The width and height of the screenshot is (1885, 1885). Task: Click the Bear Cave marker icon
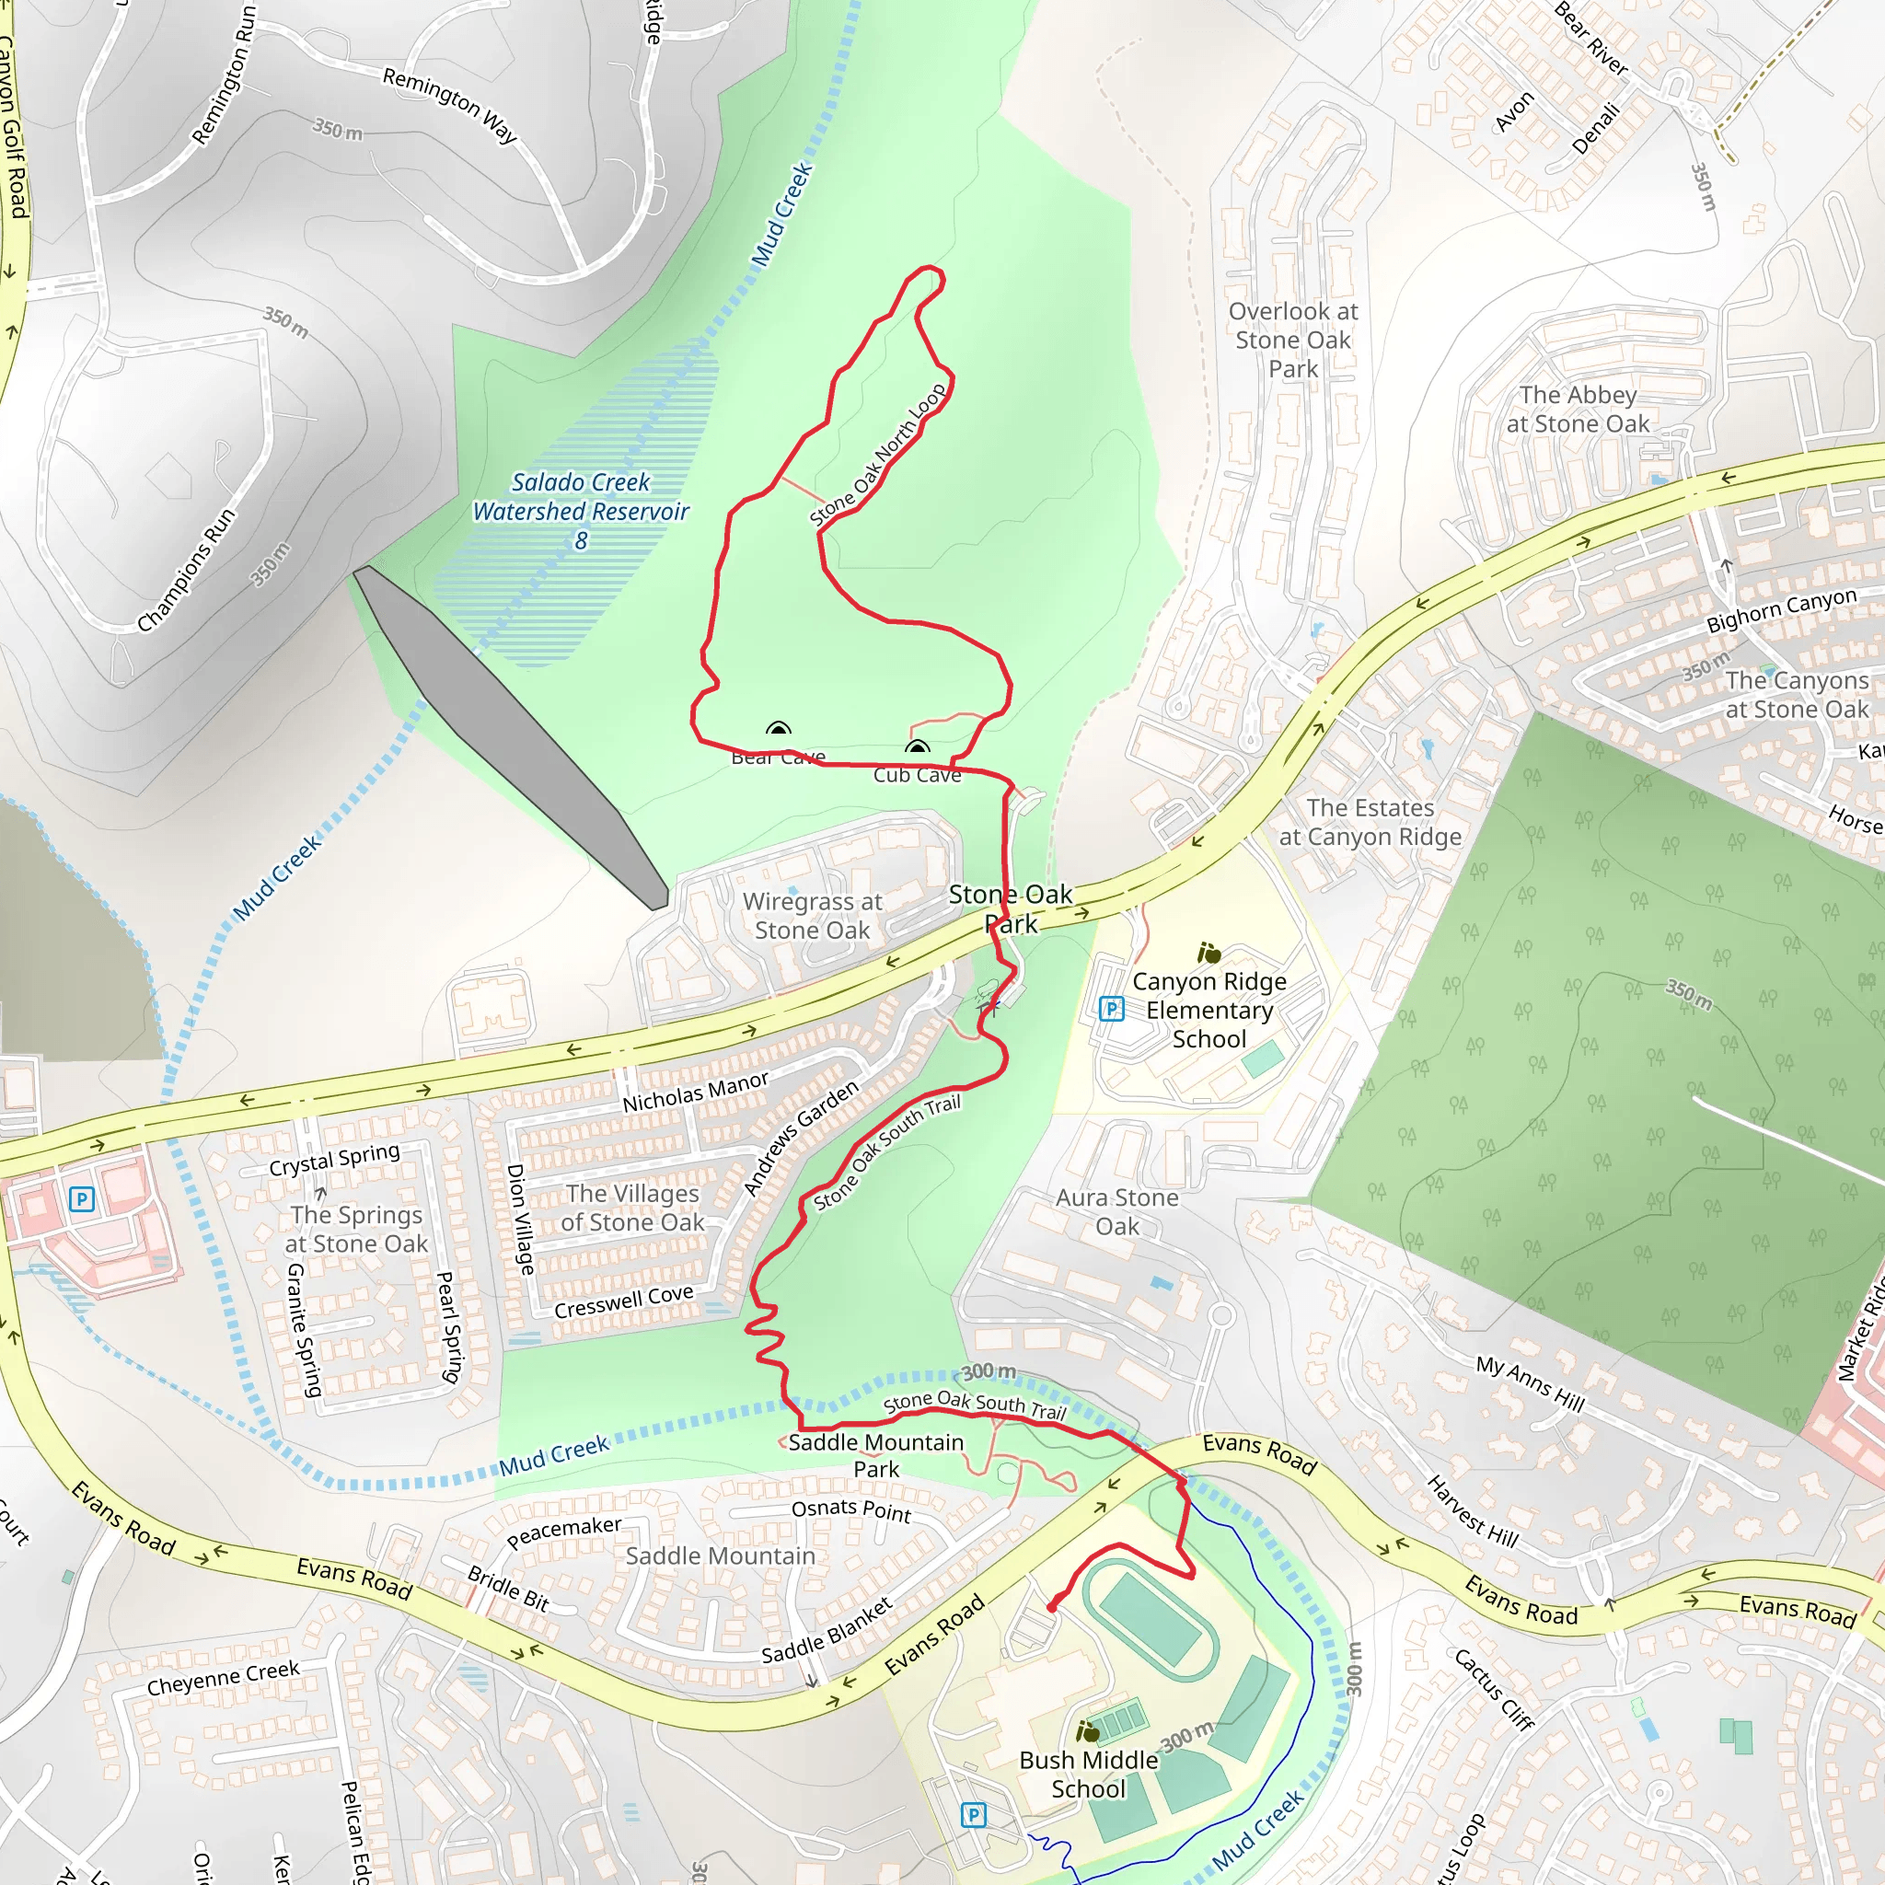tap(778, 729)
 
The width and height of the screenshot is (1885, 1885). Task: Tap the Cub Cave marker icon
tap(917, 747)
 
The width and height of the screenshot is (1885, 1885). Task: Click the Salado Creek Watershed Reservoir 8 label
tap(582, 510)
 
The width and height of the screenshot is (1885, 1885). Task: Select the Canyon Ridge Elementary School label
tap(1208, 1010)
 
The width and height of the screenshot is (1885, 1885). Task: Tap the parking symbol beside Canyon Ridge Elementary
tap(1111, 1008)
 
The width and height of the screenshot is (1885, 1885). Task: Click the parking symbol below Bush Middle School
tap(974, 1815)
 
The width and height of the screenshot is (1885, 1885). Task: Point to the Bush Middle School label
tap(1088, 1774)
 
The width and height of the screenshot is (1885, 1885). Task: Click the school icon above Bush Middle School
tap(1088, 1732)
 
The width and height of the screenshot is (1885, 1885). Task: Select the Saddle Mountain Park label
tap(875, 1455)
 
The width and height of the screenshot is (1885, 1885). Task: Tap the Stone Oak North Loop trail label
tap(878, 454)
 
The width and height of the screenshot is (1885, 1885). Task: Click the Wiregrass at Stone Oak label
tap(812, 915)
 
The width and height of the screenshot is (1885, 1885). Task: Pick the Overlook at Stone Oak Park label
tap(1293, 340)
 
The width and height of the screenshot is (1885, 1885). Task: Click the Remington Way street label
tap(450, 104)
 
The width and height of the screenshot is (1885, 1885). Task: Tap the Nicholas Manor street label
tap(696, 1092)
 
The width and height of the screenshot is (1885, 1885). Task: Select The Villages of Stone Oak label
tap(632, 1208)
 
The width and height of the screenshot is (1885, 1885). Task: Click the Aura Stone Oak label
tap(1117, 1211)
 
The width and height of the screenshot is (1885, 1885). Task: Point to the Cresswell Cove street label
tap(623, 1301)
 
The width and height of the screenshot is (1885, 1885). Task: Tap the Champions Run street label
tap(185, 570)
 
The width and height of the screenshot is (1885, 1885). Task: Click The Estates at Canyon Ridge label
tap(1370, 822)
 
